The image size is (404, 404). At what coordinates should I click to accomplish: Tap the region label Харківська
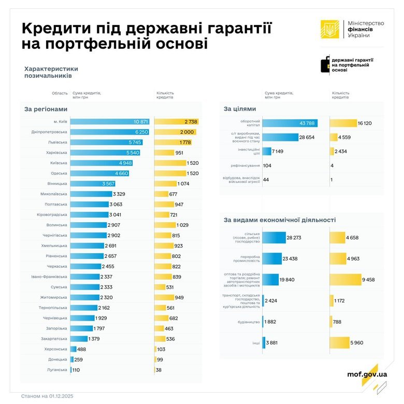(55, 153)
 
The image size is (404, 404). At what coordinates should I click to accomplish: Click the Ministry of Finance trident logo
(329, 30)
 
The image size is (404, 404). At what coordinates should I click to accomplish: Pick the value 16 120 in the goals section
(365, 123)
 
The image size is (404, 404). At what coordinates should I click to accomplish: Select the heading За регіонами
(46, 109)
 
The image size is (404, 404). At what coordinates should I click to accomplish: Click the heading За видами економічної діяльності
(280, 220)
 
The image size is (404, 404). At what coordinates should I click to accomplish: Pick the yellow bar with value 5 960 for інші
(340, 343)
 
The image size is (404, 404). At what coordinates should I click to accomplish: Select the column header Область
(59, 93)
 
